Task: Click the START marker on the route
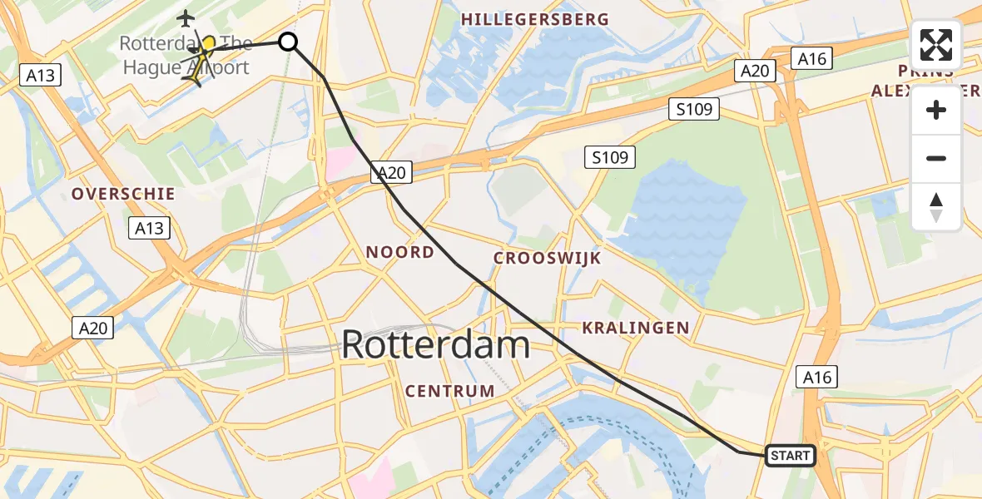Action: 789,455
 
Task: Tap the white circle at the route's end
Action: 287,41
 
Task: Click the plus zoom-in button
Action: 936,110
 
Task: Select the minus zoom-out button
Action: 936,158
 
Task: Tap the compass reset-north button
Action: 936,206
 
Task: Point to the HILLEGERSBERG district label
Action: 535,19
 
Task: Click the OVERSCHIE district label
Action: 123,194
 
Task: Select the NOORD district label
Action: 400,252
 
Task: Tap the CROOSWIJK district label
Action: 547,258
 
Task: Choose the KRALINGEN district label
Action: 636,328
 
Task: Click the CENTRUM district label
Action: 449,390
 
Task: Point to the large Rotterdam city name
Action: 436,344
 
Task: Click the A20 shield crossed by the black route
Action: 391,172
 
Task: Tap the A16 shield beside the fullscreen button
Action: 811,57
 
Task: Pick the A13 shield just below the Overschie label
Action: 150,228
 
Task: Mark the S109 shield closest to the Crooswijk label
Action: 610,156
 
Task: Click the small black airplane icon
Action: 185,17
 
